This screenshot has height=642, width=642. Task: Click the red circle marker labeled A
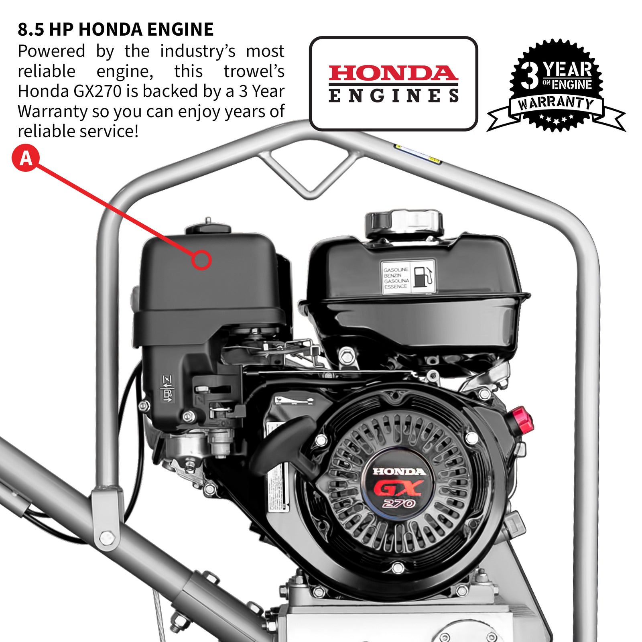(x=26, y=158)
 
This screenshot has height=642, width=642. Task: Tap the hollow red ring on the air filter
(x=201, y=260)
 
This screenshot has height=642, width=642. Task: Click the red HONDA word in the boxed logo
(x=393, y=73)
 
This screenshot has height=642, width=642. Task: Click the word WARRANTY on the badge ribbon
(x=556, y=103)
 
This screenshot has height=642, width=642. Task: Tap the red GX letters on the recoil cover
(x=398, y=488)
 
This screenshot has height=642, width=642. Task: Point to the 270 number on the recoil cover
(x=398, y=504)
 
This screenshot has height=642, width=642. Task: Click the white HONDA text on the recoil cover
(x=399, y=471)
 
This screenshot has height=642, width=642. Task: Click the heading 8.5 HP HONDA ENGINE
(x=116, y=30)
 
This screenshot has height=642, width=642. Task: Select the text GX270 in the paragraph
(x=98, y=91)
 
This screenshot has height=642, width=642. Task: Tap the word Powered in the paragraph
(x=51, y=51)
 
